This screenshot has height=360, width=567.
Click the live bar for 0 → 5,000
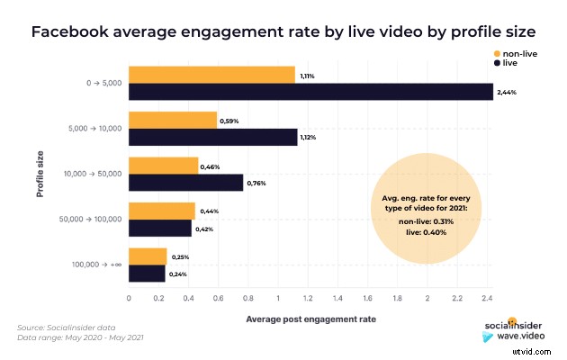pos(310,92)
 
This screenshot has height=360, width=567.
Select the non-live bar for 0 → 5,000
pos(211,74)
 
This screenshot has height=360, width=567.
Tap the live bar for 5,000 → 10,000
pos(213,137)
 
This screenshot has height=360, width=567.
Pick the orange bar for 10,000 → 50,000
pos(163,165)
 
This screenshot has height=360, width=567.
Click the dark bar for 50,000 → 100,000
pos(160,228)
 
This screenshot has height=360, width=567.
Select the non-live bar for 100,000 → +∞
pos(148,256)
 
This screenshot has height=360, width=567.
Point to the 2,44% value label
pos(508,93)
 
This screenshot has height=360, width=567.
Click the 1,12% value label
pos(311,138)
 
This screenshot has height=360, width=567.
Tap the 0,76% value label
pos(256,184)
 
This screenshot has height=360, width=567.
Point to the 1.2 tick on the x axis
pos(309,296)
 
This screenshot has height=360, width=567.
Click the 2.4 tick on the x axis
pos(488,296)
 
